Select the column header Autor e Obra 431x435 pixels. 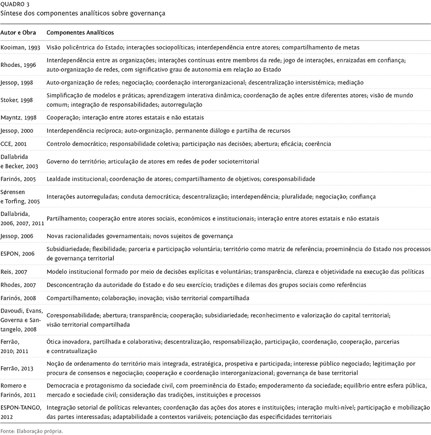[x=18, y=33]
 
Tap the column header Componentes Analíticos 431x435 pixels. [x=80, y=33]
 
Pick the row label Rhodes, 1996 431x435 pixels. [x=18, y=65]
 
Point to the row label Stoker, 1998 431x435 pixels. [x=17, y=99]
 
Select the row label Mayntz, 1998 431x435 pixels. [x=18, y=117]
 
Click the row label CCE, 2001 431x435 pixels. [x=14, y=144]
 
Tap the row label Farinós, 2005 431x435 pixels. [x=18, y=179]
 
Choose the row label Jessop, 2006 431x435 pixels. [x=17, y=236]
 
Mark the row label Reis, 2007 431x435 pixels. [x=14, y=271]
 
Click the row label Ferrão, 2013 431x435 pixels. [x=17, y=368]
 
